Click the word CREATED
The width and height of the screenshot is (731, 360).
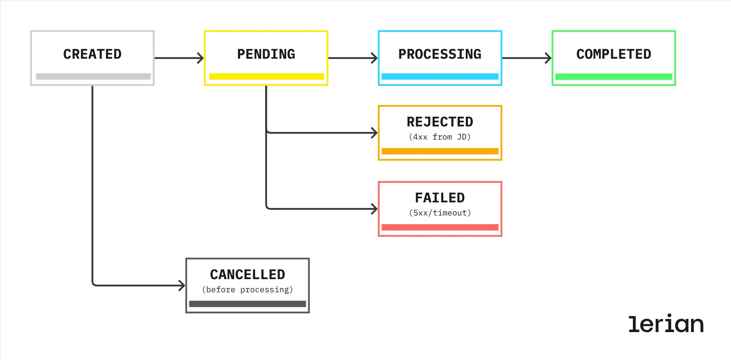pos(92,54)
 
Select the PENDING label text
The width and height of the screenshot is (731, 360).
pos(266,54)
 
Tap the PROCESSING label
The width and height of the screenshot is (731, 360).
pos(440,54)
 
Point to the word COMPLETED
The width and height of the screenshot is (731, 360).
pos(614,54)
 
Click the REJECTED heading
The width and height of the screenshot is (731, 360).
pos(440,122)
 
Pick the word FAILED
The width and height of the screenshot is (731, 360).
pos(440,198)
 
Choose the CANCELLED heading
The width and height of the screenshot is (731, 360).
pos(247,275)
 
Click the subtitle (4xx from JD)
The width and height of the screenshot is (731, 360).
pos(440,137)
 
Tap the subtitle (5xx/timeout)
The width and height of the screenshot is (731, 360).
pos(440,213)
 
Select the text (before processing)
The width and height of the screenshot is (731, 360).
pos(247,290)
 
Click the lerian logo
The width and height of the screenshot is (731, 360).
pos(666,324)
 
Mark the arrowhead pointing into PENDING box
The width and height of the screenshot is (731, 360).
pos(201,58)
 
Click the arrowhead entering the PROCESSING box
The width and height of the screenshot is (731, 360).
pos(374,58)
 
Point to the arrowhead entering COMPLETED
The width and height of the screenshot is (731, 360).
pos(548,58)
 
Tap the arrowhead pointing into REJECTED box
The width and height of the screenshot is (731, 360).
pos(374,133)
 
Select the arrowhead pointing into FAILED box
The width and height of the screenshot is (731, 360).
pos(374,209)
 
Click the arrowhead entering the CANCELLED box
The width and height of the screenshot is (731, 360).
pos(182,285)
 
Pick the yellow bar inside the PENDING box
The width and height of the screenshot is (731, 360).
pos(266,76)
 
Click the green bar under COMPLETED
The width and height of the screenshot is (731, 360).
pos(614,77)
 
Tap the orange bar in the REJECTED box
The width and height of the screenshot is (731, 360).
pos(440,151)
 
